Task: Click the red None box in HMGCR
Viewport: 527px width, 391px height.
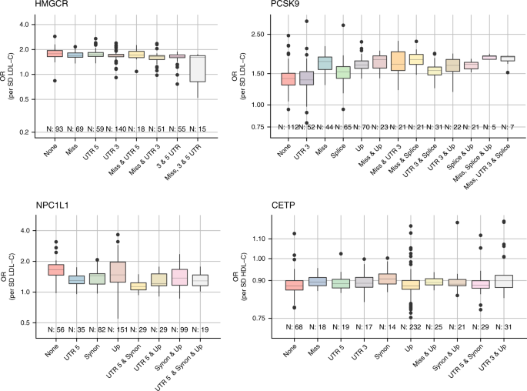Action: click(x=55, y=53)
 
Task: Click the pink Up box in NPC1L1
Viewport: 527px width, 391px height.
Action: click(x=118, y=272)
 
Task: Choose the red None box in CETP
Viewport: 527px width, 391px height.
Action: click(x=293, y=286)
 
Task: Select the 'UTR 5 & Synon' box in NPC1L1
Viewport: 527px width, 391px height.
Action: click(x=138, y=286)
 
